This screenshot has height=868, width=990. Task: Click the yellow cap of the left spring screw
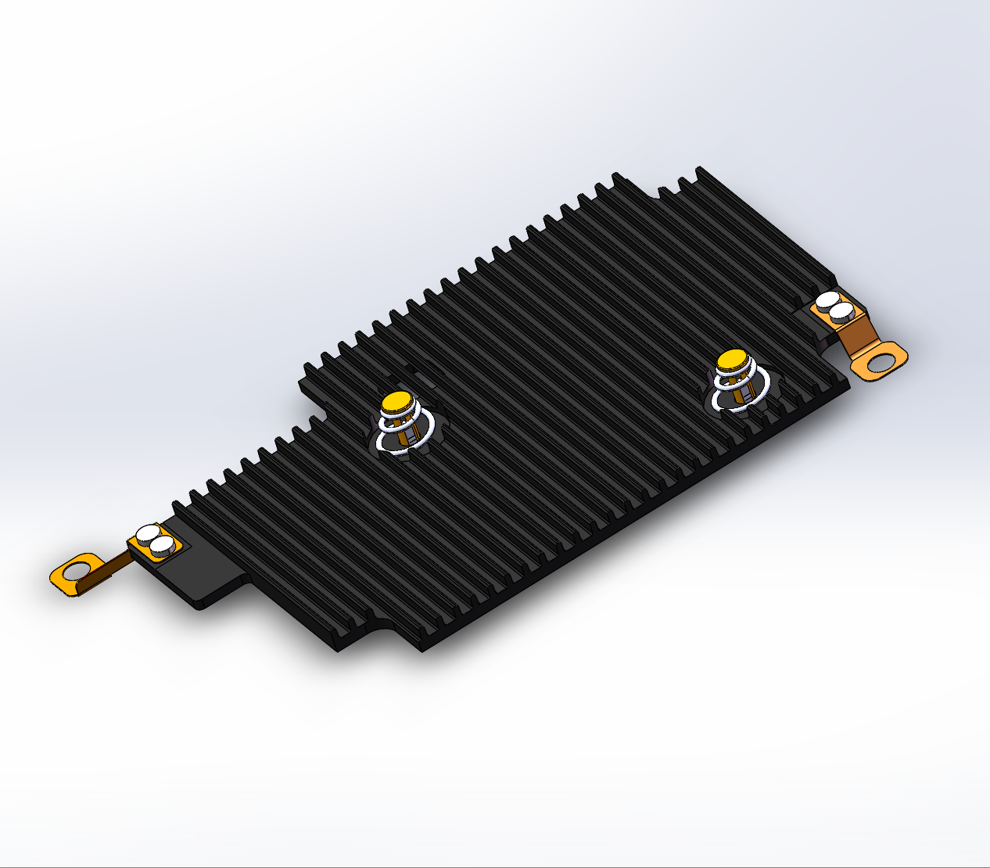click(x=396, y=402)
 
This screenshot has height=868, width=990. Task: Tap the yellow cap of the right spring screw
click(x=733, y=359)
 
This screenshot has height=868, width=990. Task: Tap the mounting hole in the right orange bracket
click(x=881, y=361)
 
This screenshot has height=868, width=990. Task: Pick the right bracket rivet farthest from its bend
click(x=827, y=300)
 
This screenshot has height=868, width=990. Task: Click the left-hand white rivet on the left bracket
click(x=148, y=536)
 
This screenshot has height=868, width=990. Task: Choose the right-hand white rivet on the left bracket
click(x=163, y=546)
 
